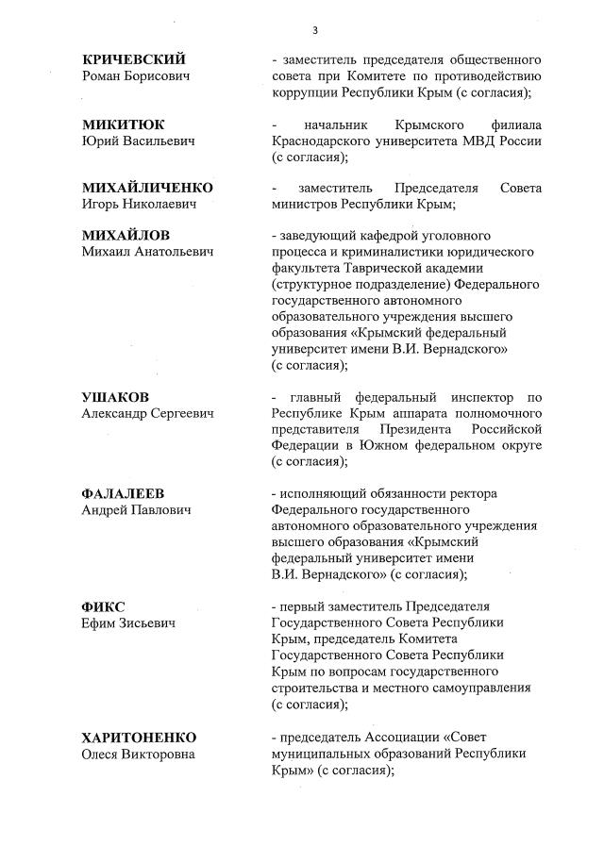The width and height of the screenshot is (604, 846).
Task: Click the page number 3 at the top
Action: coord(314,30)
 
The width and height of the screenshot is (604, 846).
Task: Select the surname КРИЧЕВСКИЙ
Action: coord(134,59)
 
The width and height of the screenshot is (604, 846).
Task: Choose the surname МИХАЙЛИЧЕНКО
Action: coord(147,188)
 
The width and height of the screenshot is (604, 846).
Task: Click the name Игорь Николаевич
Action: coord(140,205)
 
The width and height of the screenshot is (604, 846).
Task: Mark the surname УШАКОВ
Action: coord(116,397)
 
